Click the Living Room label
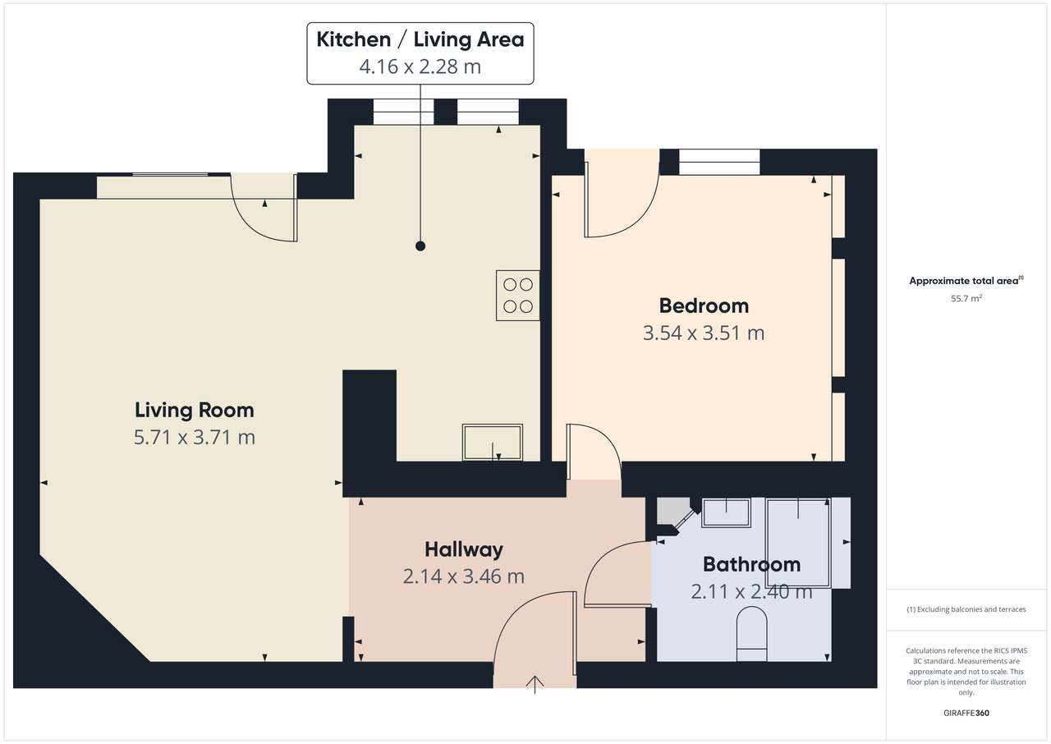(195, 411)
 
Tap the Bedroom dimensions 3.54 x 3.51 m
(704, 333)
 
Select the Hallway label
(464, 549)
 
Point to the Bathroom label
(751, 564)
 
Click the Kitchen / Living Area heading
(420, 39)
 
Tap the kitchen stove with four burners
(517, 296)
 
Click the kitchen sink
(492, 443)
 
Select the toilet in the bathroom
(751, 634)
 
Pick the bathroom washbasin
(726, 512)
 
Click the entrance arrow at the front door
(535, 684)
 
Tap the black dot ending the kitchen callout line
(420, 246)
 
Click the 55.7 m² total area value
(966, 298)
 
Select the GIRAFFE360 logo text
(966, 713)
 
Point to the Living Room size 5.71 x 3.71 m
(195, 438)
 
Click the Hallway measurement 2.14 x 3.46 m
(464, 576)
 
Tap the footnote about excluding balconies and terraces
(966, 609)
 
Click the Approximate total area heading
(966, 281)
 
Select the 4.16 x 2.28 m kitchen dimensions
(420, 67)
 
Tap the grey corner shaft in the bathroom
(672, 511)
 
